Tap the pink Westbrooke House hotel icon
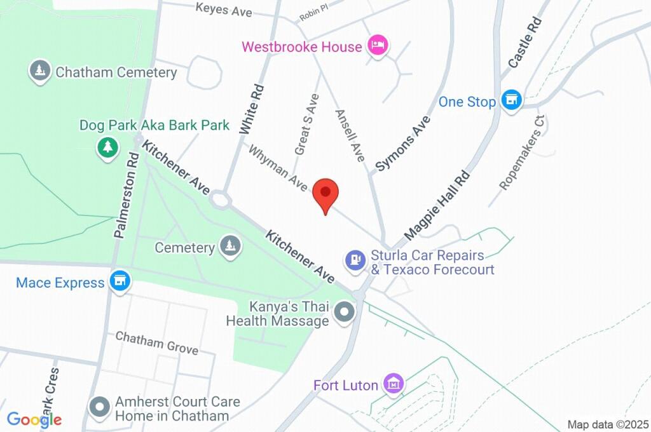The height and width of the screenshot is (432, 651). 378,46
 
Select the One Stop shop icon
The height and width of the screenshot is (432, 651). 511,100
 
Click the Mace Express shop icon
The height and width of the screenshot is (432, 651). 119,281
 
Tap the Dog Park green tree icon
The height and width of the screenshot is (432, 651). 108,147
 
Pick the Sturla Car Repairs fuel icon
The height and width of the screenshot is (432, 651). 355,259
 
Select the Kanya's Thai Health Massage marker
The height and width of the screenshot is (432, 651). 345,313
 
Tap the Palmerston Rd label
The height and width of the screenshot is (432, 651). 126,195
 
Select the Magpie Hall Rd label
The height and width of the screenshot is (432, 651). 437,205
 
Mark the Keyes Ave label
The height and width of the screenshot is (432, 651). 223,10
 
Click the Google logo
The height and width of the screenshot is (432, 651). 34,419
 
